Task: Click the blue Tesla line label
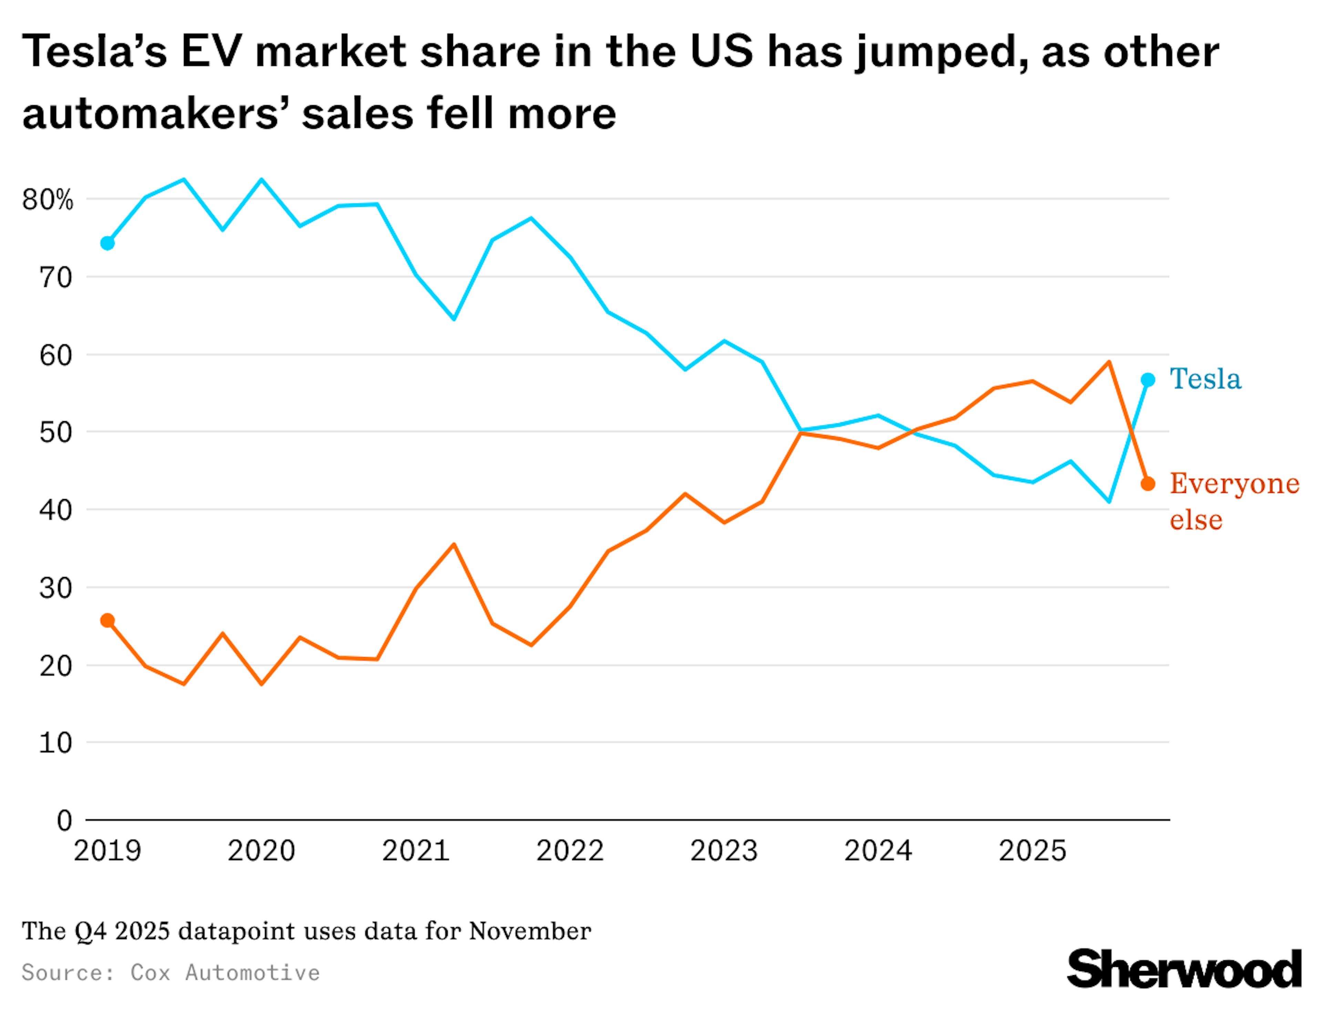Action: [x=1204, y=379]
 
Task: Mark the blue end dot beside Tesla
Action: [x=1148, y=380]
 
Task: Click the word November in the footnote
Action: [x=530, y=931]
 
